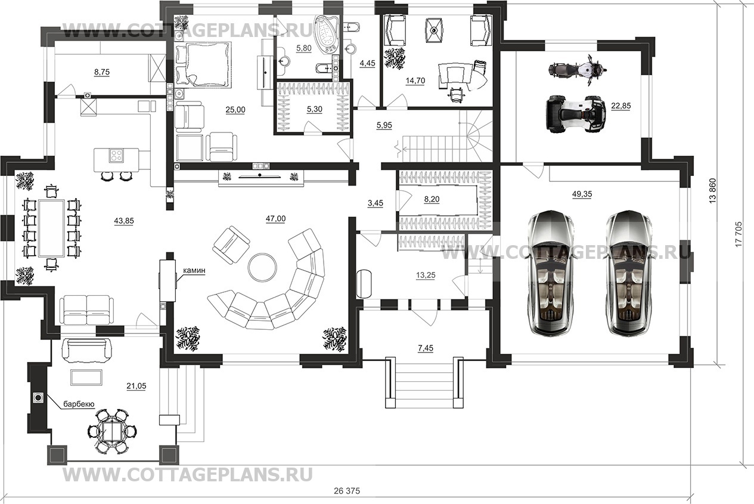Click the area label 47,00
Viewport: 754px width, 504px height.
click(x=275, y=219)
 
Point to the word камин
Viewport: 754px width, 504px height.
click(x=194, y=270)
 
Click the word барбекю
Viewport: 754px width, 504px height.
click(x=79, y=404)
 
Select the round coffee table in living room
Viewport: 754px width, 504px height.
click(x=262, y=267)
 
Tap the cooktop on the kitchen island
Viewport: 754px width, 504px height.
click(x=116, y=156)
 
